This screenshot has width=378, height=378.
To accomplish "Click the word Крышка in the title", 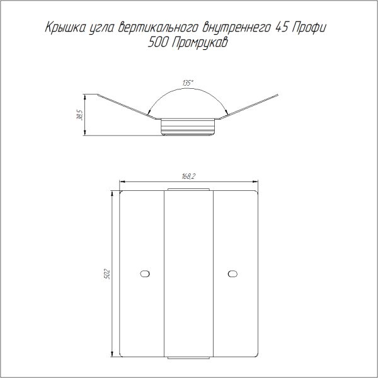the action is (65, 28).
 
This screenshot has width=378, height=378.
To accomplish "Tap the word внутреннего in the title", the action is (236, 28).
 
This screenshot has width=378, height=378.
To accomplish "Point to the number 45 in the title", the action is (282, 27).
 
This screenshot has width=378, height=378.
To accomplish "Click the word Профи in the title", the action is (309, 28).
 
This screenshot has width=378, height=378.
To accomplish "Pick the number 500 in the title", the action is (157, 42).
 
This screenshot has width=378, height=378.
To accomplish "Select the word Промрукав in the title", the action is (200, 43).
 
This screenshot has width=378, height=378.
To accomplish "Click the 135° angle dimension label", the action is (188, 83).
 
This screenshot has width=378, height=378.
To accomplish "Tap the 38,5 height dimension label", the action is (80, 115).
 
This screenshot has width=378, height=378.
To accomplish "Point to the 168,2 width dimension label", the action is (188, 176).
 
